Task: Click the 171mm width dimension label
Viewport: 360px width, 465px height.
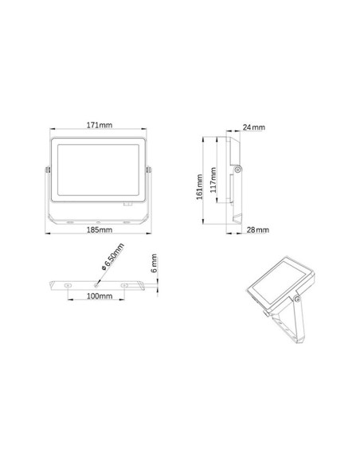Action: (x=98, y=125)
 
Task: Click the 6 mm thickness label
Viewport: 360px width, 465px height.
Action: (x=156, y=262)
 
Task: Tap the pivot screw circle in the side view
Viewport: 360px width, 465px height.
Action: (x=237, y=169)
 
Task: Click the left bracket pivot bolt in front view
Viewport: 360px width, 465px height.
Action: (x=47, y=170)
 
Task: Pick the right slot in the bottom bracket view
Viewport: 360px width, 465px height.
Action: (x=126, y=283)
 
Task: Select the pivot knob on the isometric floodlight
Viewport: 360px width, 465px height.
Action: (x=298, y=299)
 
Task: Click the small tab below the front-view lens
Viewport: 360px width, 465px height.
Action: (x=128, y=204)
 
